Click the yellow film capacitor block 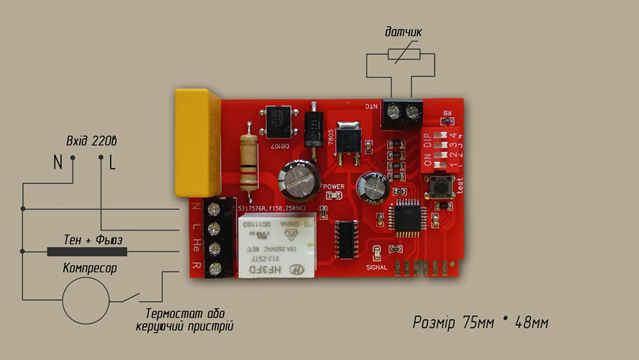[x=197, y=142]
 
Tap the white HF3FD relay [x=276, y=247]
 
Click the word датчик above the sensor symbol [x=403, y=32]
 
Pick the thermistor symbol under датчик [x=401, y=55]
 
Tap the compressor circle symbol [x=86, y=301]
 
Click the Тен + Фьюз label [x=92, y=240]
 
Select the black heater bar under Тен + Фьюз [x=86, y=252]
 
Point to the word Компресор [x=89, y=269]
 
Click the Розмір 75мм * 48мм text [x=480, y=323]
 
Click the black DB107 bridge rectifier [x=279, y=124]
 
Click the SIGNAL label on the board [x=380, y=267]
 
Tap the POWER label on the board [x=334, y=187]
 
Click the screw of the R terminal [x=214, y=269]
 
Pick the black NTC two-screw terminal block [x=403, y=114]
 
